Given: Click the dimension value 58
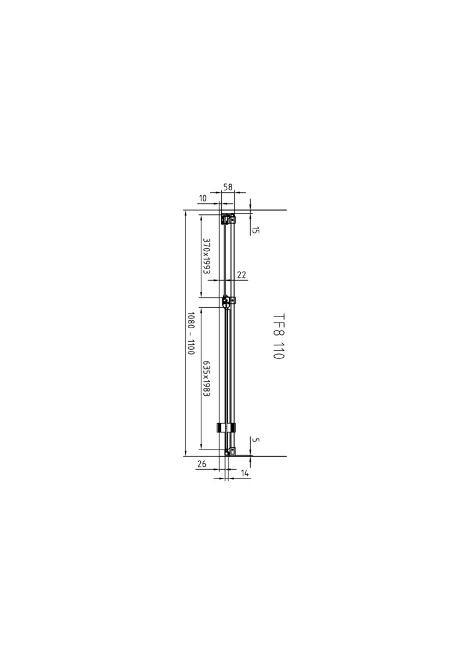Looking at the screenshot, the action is (228, 187).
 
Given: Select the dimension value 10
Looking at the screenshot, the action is (202, 198).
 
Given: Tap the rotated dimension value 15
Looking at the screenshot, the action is (256, 230).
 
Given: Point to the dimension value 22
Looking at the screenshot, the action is (241, 275).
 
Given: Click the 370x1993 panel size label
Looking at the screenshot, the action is (206, 256).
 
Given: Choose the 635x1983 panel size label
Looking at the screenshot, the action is (206, 378).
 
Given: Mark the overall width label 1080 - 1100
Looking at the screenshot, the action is (190, 334).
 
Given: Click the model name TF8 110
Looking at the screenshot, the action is (278, 336).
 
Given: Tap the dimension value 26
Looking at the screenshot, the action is (201, 464).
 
